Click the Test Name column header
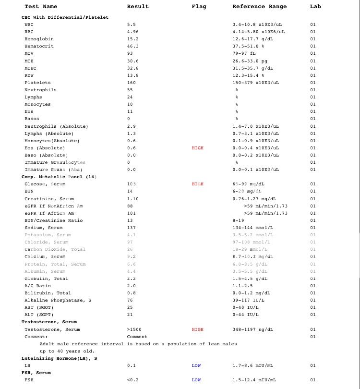tap(41, 6)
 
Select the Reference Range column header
tap(259, 6)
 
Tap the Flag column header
tap(199, 6)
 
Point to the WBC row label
tap(29, 24)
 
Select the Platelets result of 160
tap(132, 83)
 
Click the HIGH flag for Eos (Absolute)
tap(197, 148)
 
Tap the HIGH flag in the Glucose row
tap(197, 184)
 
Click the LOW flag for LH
tap(196, 365)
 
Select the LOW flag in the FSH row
tap(196, 380)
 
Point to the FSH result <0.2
tap(133, 380)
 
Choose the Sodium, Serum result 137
tap(132, 228)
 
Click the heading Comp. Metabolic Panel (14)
tap(59, 177)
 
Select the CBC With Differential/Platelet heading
tap(65, 17)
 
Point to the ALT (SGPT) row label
tap(39, 315)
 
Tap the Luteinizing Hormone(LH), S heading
tap(59, 358)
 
